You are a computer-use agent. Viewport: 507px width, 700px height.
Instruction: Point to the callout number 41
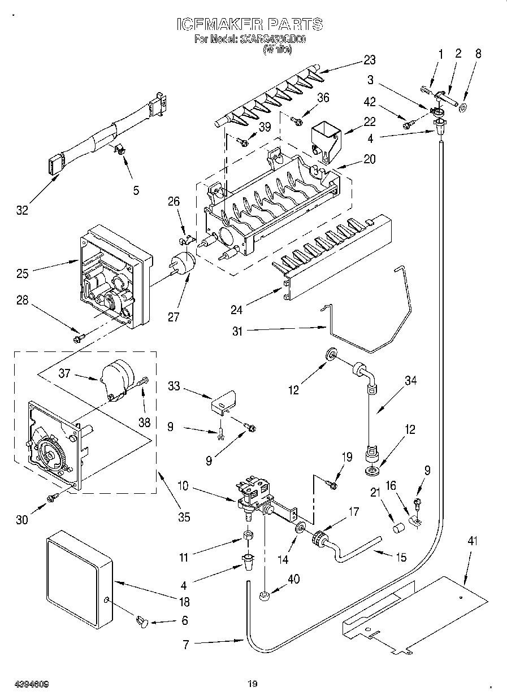(473, 541)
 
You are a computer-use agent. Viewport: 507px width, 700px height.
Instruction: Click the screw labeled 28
(79, 338)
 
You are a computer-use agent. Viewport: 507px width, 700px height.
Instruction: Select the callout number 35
(183, 516)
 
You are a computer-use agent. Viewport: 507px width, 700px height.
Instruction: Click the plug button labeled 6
(142, 622)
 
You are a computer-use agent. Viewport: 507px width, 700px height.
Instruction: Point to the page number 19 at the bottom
(253, 685)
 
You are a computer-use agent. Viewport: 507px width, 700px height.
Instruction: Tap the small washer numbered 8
(463, 107)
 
